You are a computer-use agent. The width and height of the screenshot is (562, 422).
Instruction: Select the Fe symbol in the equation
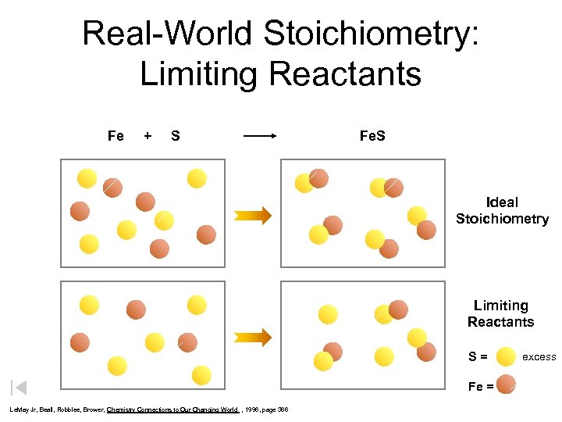click(x=116, y=136)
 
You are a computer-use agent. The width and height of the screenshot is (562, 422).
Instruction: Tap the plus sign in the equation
click(x=148, y=136)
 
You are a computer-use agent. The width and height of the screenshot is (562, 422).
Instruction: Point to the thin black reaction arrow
click(x=260, y=136)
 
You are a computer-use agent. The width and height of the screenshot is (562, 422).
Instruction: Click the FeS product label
click(x=372, y=136)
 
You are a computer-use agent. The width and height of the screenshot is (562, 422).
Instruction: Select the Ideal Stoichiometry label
click(x=502, y=210)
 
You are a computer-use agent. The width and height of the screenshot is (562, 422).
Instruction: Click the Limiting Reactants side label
click(x=500, y=313)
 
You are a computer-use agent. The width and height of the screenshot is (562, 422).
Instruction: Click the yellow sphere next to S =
click(x=506, y=356)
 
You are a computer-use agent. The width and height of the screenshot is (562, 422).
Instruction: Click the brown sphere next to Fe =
click(x=506, y=384)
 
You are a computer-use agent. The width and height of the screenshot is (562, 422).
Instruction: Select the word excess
click(x=539, y=357)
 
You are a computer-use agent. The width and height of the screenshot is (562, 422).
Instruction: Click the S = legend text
click(x=478, y=357)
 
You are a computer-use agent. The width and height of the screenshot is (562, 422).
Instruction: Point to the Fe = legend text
click(x=480, y=384)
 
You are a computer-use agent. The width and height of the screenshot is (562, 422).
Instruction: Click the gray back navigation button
click(x=19, y=387)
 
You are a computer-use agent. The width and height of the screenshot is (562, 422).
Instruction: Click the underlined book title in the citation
click(x=172, y=409)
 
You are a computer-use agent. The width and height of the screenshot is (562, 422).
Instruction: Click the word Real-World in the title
click(x=166, y=34)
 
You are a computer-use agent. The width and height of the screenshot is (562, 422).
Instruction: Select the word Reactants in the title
click(x=343, y=74)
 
